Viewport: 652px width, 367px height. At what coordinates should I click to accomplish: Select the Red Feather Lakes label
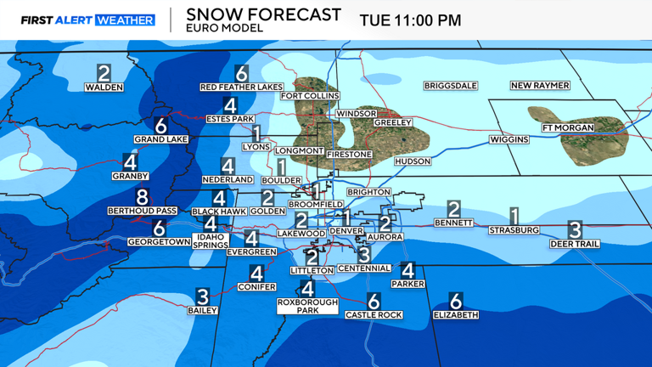(241, 87)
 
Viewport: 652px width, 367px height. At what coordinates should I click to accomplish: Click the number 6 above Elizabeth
(455, 302)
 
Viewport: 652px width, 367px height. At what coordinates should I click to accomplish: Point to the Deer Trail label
(575, 244)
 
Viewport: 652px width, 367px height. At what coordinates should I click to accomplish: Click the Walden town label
(104, 87)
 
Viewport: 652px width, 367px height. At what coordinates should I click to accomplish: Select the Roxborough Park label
(307, 307)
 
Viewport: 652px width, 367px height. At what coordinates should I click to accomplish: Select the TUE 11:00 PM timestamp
(410, 20)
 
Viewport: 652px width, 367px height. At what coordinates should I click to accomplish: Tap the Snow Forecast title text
(263, 14)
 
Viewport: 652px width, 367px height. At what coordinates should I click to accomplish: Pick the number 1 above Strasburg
(514, 217)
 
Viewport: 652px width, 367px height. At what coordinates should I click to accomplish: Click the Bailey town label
(203, 311)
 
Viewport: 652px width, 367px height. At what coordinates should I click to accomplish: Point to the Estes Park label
(230, 119)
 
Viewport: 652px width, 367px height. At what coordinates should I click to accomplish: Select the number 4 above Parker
(407, 271)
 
